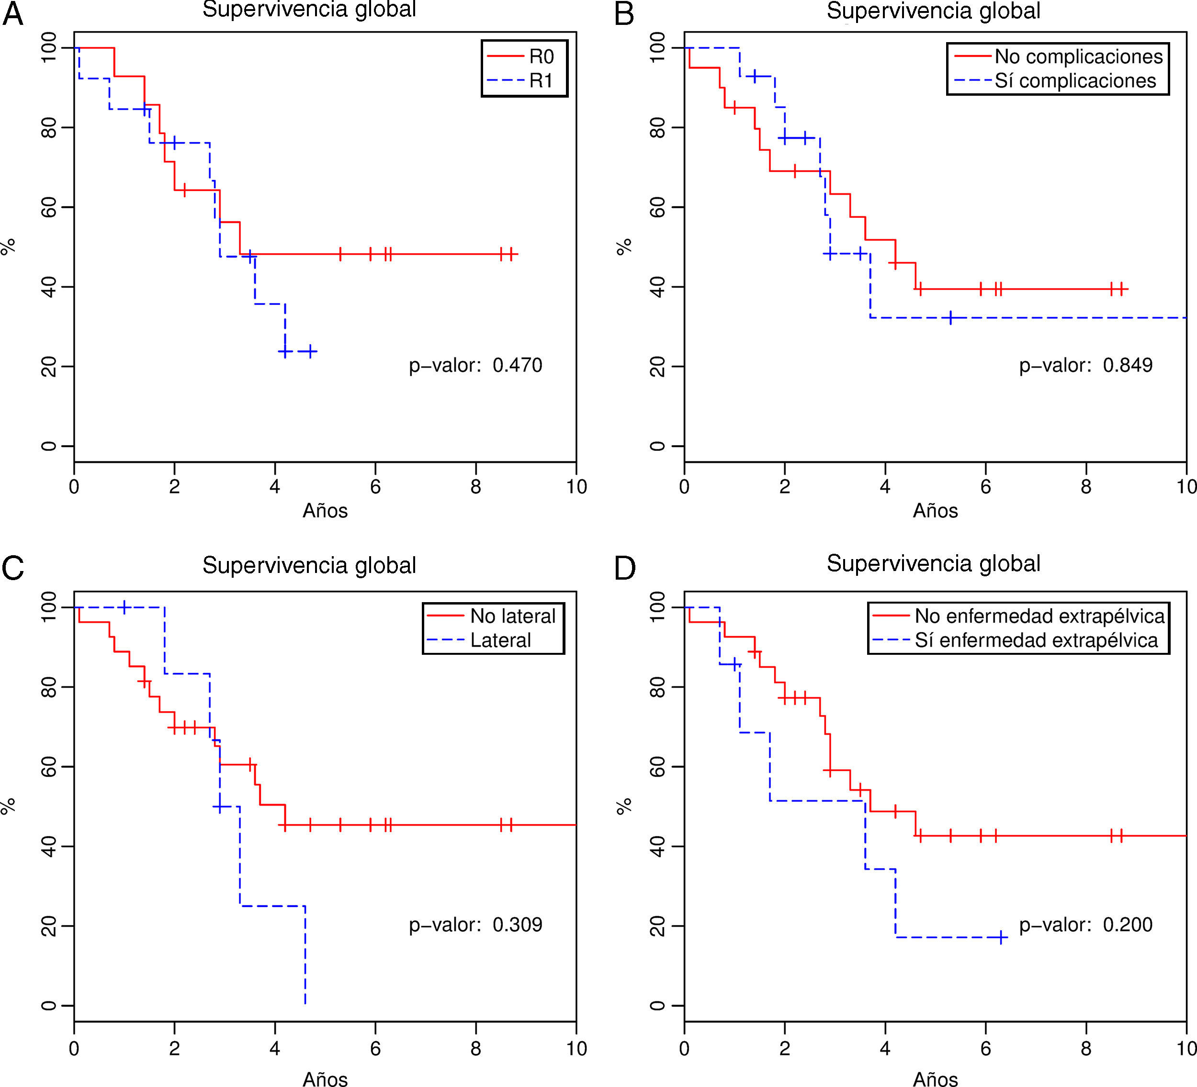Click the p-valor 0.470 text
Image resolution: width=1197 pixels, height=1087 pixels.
[475, 365]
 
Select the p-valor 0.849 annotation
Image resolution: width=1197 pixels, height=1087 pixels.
[1085, 365]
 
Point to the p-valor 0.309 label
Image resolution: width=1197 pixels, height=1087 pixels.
[475, 924]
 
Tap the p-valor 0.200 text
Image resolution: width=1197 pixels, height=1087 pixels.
[1085, 924]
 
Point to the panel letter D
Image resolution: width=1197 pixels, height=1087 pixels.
[625, 568]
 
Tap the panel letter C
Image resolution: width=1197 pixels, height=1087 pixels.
[13, 568]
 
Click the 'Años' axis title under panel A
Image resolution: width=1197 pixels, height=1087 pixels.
[325, 511]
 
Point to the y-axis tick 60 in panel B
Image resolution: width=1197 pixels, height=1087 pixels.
[657, 207]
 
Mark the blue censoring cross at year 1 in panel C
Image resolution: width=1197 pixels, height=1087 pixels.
[124, 607]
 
